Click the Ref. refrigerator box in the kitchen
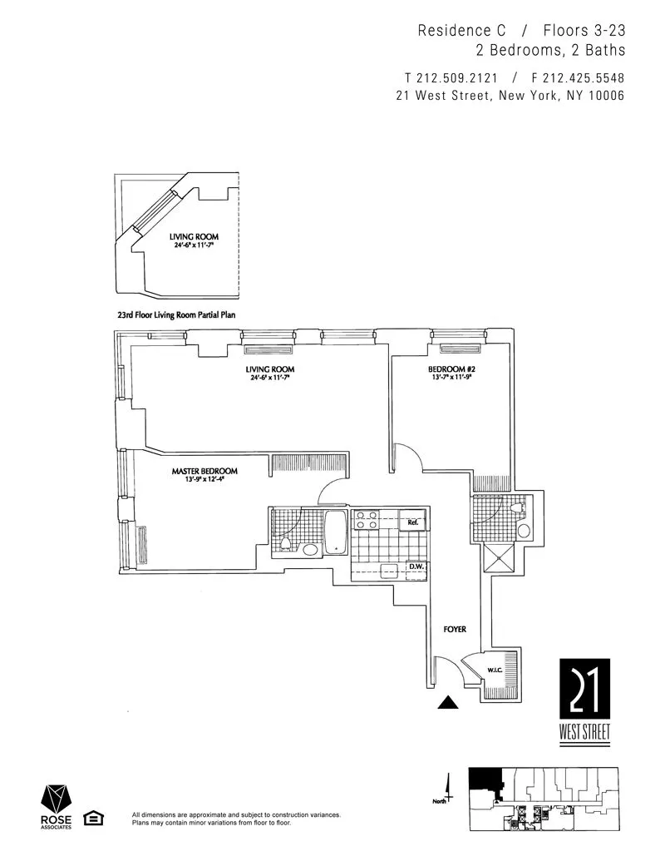click(411, 522)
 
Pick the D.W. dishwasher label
click(415, 568)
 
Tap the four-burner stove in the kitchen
click(366, 520)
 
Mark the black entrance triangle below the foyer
click(449, 703)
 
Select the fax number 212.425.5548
click(577, 77)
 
